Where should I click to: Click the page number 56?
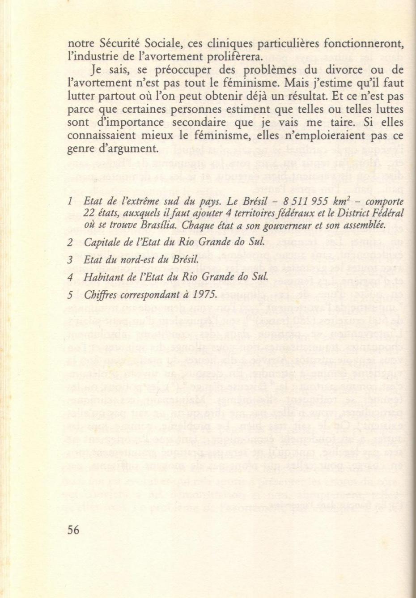tap(73, 530)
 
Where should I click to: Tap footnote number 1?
tap(70, 202)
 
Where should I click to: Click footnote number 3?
tap(70, 260)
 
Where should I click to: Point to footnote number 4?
tap(70, 277)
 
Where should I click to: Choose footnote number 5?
tap(70, 295)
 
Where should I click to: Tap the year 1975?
tap(206, 295)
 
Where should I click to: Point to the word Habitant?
tap(101, 277)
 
